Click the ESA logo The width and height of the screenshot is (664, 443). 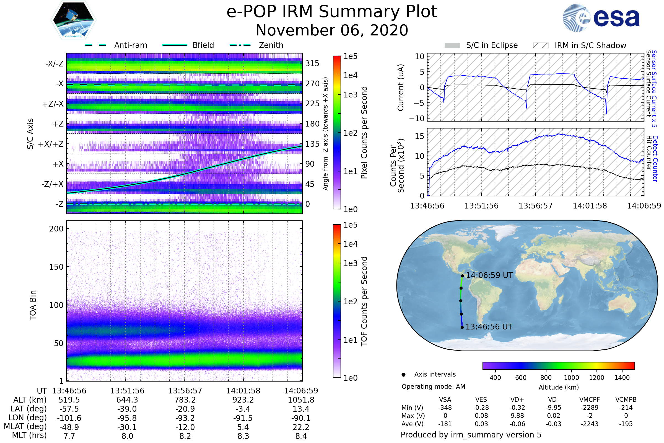tap(601, 18)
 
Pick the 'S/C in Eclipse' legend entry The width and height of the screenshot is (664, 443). tap(481, 45)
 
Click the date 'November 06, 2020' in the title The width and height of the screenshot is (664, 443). tap(332, 30)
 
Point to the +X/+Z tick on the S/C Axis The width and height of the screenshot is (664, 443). tap(51, 144)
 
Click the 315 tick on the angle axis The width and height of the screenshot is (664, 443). tap(312, 63)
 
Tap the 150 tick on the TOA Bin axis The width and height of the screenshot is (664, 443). tap(56, 267)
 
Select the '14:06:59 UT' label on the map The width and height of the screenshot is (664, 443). tap(489, 275)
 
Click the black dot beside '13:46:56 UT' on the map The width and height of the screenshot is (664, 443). tap(462, 328)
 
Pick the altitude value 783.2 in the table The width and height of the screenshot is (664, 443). tap(185, 400)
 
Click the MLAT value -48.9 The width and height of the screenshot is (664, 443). tap(69, 427)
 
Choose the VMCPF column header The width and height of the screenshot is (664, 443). tap(590, 400)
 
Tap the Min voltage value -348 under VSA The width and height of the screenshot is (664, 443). tap(445, 408)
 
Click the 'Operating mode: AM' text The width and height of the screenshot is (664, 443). tap(433, 387)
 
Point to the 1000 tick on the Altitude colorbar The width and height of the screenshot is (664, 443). tap(571, 378)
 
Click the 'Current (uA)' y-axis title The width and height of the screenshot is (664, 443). tap(401, 87)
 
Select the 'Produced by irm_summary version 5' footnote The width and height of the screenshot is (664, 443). tap(471, 435)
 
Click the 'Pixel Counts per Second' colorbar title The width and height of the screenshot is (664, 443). tap(364, 133)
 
